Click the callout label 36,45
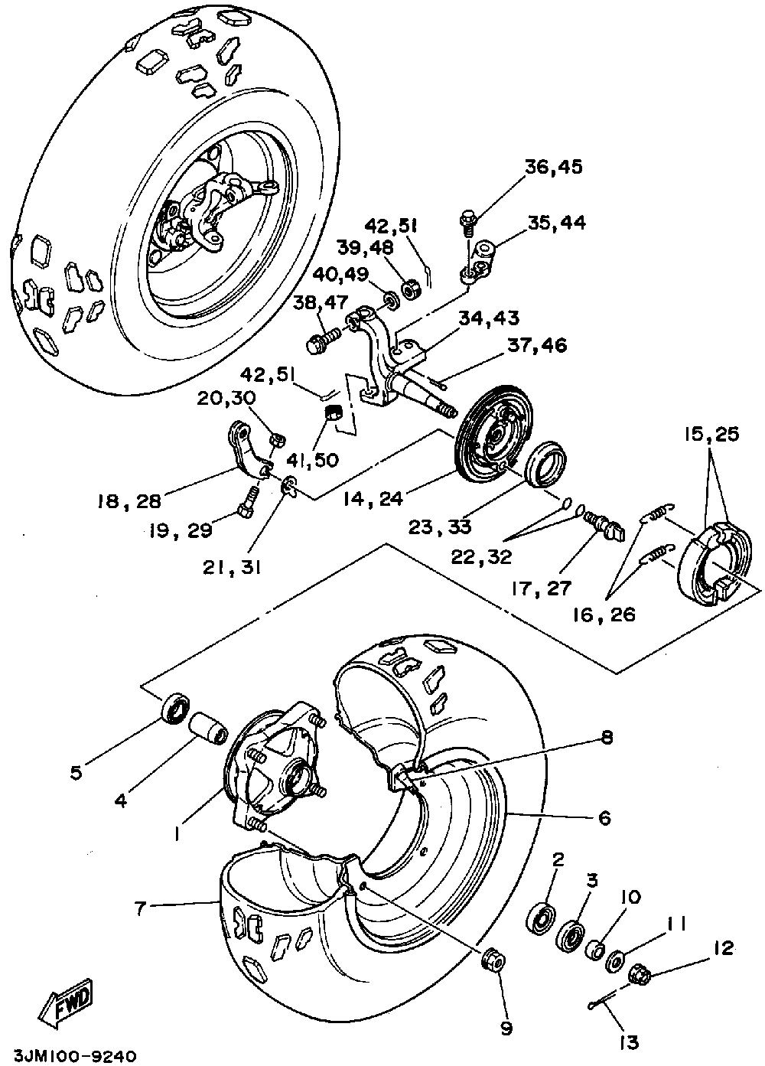[x=554, y=168]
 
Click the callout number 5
[x=76, y=772]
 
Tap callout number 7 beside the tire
[x=139, y=908]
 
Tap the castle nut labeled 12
[x=640, y=976]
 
